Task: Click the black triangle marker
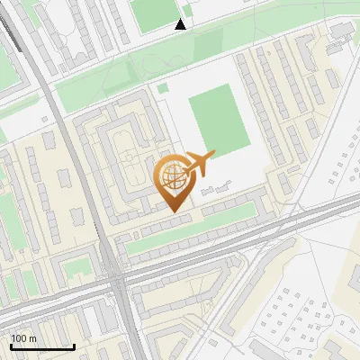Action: (181, 24)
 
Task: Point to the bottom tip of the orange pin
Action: (174, 211)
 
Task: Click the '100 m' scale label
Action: (23, 338)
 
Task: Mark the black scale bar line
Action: (42, 346)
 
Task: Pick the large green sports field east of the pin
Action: (218, 120)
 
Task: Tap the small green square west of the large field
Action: (162, 88)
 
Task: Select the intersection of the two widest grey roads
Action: (120, 281)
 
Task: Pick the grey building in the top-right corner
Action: (342, 31)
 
